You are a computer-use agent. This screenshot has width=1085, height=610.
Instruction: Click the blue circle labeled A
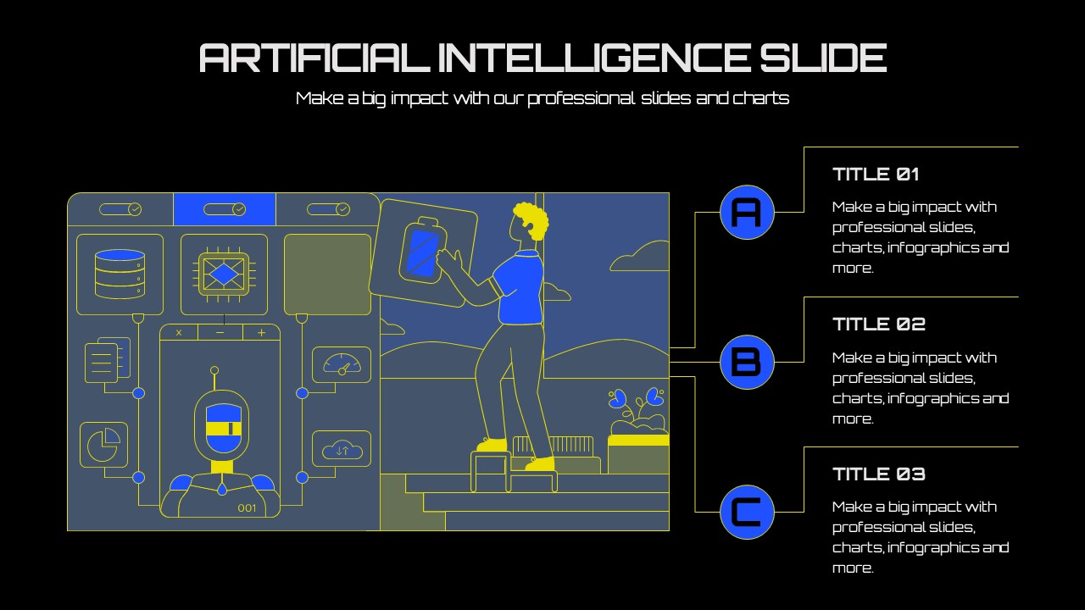[x=747, y=212]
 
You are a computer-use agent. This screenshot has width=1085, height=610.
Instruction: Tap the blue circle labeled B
[x=747, y=362]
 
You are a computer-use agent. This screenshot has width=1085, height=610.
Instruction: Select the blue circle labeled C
[x=747, y=513]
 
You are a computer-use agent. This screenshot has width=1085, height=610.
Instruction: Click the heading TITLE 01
[x=876, y=175]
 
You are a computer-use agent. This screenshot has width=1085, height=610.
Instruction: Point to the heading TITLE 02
[x=879, y=324]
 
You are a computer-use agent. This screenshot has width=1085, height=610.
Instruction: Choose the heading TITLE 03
[x=879, y=474]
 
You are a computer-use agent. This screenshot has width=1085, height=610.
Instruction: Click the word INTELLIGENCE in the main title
[x=594, y=58]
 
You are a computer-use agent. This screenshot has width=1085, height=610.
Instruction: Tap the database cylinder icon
[x=120, y=274]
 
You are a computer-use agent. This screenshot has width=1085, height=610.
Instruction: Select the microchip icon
[x=224, y=274]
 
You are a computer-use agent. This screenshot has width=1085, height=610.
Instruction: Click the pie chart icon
[x=103, y=445]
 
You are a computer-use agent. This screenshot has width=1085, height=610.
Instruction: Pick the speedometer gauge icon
[x=342, y=364]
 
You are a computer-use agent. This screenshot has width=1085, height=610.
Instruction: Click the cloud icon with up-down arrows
[x=342, y=450]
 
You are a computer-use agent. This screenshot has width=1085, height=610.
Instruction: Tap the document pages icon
[x=108, y=360]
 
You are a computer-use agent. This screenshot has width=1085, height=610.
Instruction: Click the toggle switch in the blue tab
[x=225, y=209]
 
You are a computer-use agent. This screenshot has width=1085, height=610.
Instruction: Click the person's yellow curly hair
[x=531, y=220]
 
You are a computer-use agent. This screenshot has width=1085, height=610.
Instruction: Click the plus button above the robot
[x=262, y=333]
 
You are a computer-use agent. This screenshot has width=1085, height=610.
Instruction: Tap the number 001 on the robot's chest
[x=247, y=508]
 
